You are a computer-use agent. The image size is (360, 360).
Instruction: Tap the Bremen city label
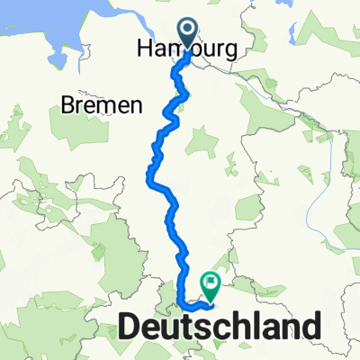coord(103,105)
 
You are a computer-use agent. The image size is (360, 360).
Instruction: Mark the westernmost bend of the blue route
coord(148,180)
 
